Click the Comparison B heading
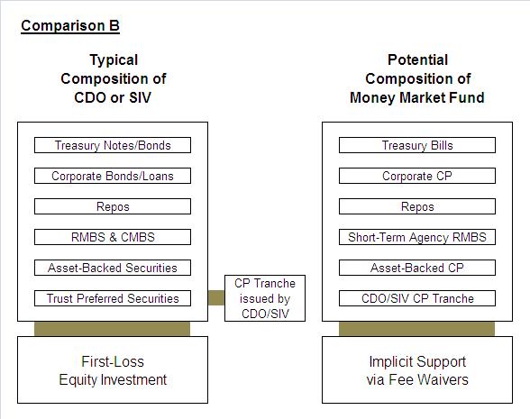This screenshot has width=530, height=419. click(70, 26)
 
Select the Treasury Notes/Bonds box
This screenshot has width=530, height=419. click(113, 145)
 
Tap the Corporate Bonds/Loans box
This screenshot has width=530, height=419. click(113, 176)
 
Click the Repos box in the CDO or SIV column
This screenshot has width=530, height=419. click(113, 206)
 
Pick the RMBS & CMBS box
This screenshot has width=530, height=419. click(113, 237)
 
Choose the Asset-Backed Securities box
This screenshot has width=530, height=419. click(113, 268)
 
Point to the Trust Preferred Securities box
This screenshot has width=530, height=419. click(113, 298)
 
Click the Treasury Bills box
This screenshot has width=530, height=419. click(417, 145)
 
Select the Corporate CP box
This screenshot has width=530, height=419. click(417, 176)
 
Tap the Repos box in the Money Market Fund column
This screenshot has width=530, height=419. click(417, 206)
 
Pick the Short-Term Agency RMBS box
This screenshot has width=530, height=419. click(417, 237)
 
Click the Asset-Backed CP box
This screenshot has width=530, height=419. click(417, 268)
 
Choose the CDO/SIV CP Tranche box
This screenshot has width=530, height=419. click(417, 298)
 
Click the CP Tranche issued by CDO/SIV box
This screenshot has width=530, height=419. click(265, 298)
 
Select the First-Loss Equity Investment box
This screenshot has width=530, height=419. click(113, 370)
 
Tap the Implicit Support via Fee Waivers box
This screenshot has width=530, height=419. click(417, 370)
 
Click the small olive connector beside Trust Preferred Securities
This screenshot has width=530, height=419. click(216, 297)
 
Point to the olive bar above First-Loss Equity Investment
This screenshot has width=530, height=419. click(112, 329)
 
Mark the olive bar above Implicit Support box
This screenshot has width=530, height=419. click(416, 329)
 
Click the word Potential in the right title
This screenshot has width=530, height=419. click(418, 60)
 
